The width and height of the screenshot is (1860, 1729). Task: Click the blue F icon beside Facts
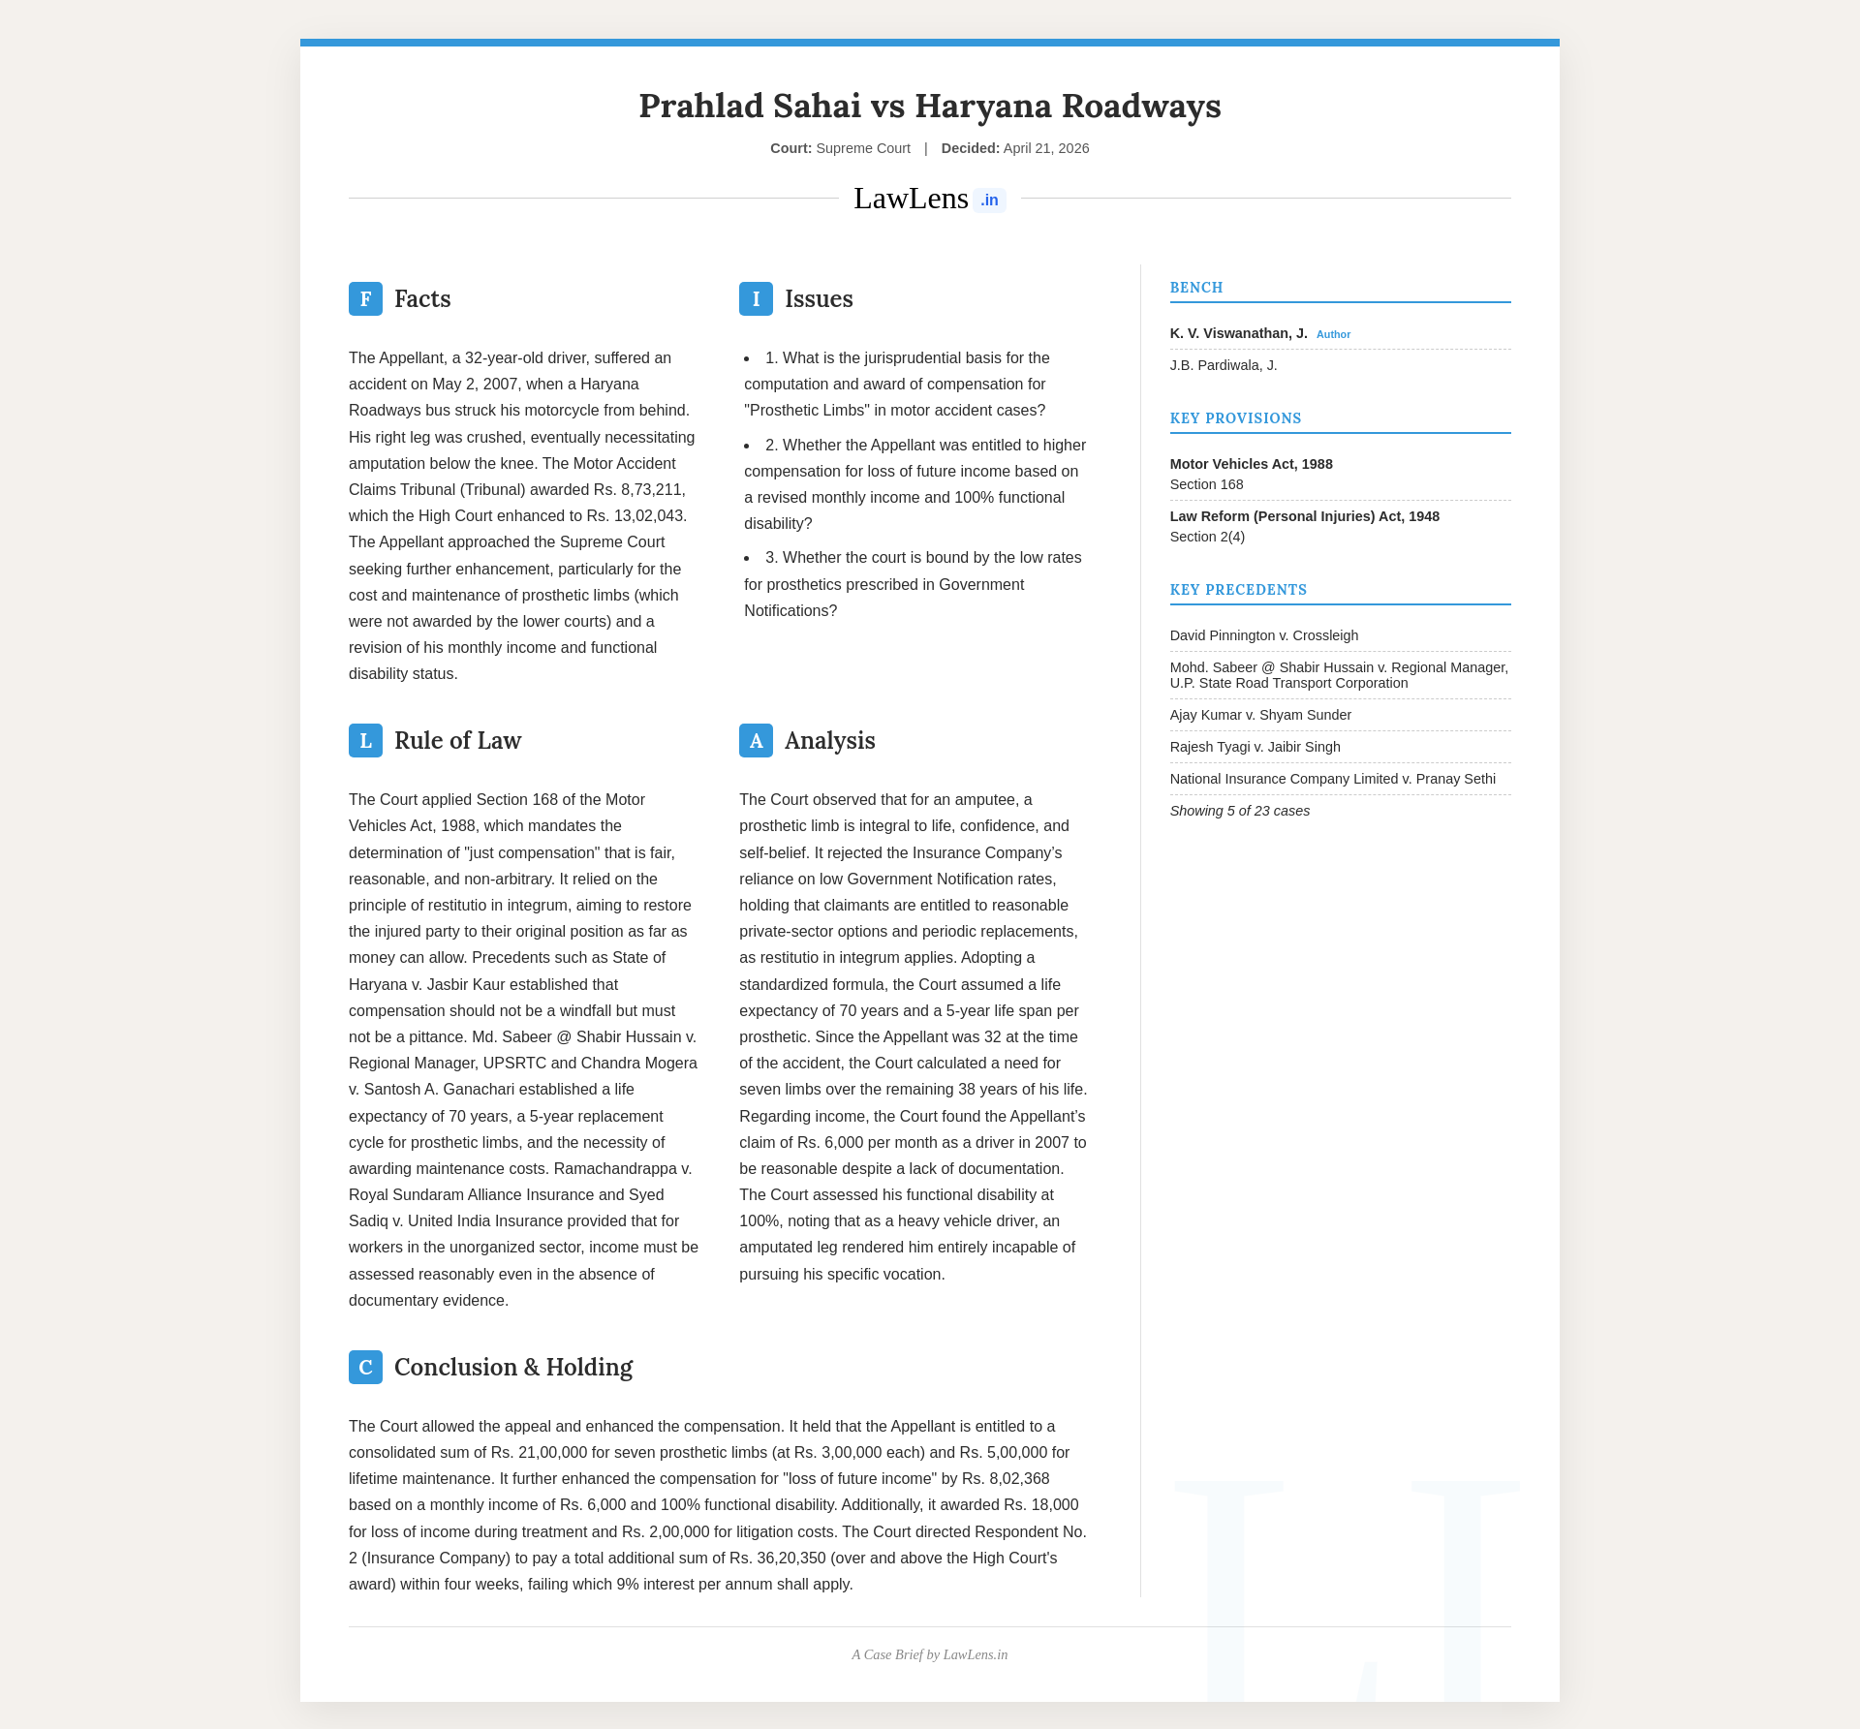pos(365,298)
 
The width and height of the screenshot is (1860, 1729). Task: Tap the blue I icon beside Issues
pos(756,298)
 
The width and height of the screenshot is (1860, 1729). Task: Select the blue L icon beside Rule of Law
pos(365,740)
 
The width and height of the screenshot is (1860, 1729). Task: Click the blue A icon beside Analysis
pos(756,740)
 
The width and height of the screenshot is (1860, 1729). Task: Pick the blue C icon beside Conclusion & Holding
pos(365,1367)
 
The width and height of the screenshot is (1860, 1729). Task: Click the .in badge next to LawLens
pos(989,201)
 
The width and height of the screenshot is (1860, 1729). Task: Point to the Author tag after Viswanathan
pos(1333,334)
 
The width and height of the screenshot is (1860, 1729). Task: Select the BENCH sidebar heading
pos(1196,288)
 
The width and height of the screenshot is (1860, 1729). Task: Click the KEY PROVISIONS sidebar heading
pos(1235,418)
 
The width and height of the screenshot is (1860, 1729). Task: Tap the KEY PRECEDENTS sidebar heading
pos(1238,590)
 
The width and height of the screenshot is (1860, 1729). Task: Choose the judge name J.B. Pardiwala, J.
pos(1224,365)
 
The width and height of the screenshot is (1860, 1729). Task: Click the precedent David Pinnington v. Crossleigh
pos(1263,635)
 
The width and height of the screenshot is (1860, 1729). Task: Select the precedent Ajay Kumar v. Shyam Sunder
pos(1260,715)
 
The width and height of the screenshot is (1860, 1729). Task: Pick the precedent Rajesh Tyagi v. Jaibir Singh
pos(1255,747)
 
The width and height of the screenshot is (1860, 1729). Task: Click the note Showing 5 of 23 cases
pos(1239,811)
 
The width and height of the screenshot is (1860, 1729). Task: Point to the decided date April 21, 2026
pos(1045,148)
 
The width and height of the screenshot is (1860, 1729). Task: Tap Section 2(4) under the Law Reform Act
pos(1207,537)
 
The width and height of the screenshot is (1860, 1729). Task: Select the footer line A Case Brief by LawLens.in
pos(930,1654)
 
